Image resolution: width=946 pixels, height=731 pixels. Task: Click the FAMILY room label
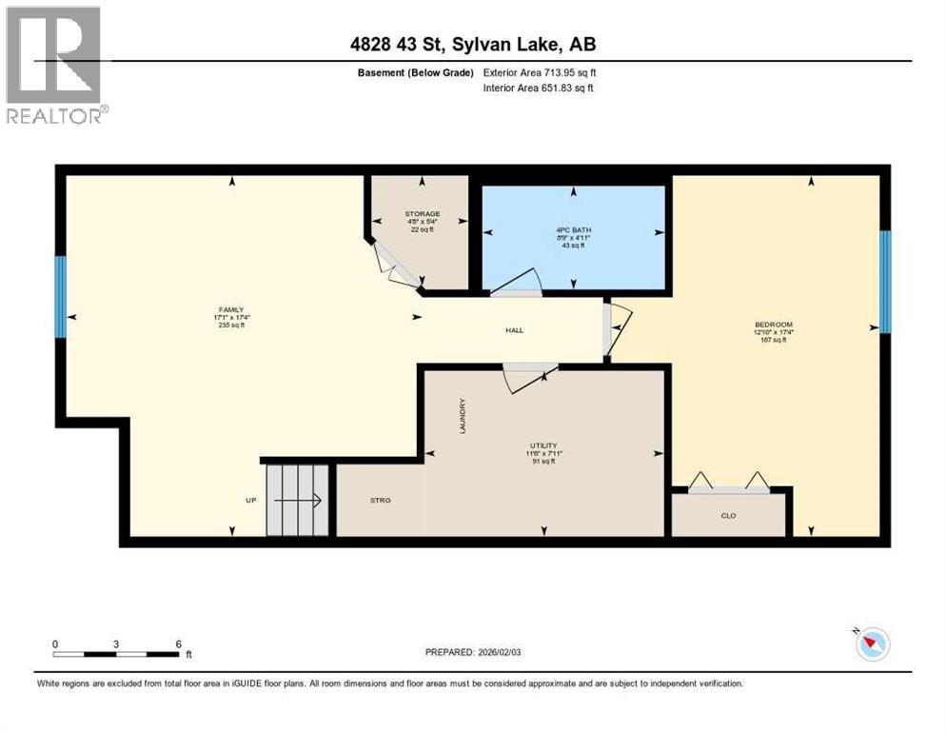231,309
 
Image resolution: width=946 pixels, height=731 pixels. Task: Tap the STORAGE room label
421,214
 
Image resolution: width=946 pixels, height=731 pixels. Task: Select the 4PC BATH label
573,229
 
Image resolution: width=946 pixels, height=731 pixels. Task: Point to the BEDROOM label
773,325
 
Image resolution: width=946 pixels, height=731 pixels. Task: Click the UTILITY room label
543,445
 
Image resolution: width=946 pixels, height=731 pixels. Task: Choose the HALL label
514,330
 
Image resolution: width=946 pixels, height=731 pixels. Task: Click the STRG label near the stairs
381,500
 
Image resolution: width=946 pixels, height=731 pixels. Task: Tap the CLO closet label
729,516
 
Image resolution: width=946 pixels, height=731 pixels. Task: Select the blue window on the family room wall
61,296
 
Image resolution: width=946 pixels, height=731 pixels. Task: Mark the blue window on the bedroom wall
884,282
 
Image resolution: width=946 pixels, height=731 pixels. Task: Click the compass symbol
870,644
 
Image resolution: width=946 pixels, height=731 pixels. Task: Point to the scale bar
116,654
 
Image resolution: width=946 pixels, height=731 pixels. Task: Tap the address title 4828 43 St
472,45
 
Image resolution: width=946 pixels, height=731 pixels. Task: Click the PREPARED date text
472,652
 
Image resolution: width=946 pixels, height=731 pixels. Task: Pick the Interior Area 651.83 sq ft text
547,89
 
